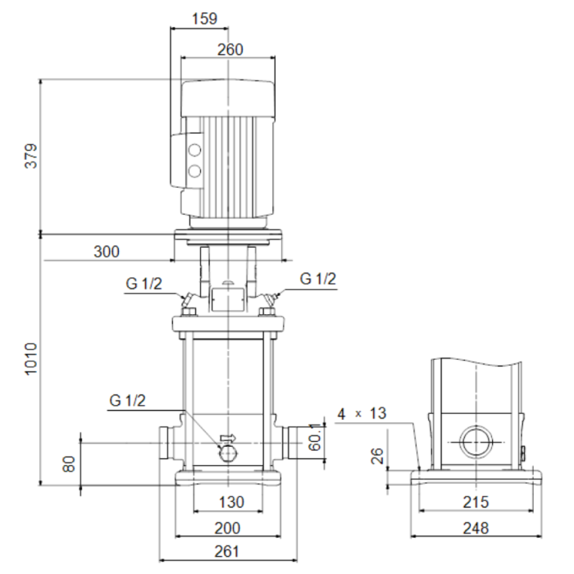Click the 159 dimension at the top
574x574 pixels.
[205, 18]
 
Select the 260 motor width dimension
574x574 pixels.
[230, 49]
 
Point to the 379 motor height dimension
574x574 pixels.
[31, 156]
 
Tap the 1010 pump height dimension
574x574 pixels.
[31, 359]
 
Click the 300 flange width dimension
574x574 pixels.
[107, 252]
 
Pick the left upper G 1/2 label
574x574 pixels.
[143, 284]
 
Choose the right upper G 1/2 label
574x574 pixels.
[318, 279]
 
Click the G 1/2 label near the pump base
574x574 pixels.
[127, 400]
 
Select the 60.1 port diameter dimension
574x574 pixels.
[315, 437]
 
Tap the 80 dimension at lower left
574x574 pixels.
[69, 464]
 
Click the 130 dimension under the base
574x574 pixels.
[232, 502]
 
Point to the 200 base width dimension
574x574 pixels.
[227, 528]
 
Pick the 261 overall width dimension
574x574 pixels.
[227, 551]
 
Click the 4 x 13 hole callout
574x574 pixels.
[362, 413]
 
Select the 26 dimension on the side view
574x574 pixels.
[377, 456]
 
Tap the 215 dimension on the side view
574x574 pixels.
[476, 502]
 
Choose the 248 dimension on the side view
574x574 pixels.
[476, 528]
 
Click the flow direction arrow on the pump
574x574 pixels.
[228, 438]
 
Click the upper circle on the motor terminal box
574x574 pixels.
[194, 150]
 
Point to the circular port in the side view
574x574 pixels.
[476, 442]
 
